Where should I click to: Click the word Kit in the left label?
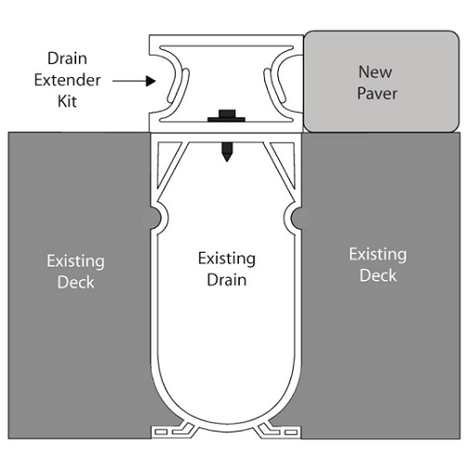click(67, 101)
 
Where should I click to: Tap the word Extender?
click(67, 80)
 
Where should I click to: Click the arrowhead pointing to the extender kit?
click(151, 81)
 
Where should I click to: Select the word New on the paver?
click(376, 72)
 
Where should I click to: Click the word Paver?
click(377, 93)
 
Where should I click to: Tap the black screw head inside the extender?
click(227, 115)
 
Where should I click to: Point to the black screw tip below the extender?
click(227, 152)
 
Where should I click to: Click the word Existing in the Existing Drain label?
click(227, 259)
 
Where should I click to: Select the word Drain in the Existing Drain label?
click(227, 280)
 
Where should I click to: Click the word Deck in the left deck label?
click(76, 282)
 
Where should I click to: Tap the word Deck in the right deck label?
click(378, 275)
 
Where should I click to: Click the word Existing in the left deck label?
click(76, 261)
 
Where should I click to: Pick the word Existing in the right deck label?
click(378, 255)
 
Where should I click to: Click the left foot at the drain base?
click(173, 431)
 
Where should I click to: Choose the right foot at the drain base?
click(279, 431)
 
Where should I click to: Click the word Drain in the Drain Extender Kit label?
click(67, 59)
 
